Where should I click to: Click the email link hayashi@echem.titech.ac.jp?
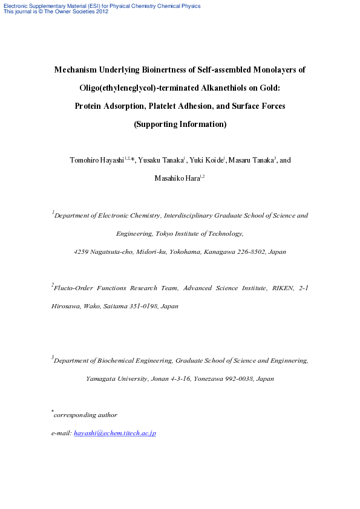[115, 433]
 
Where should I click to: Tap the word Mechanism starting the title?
[76, 70]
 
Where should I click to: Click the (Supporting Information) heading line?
[180, 125]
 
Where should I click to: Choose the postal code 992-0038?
[240, 379]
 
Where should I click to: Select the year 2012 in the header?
[102, 11]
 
